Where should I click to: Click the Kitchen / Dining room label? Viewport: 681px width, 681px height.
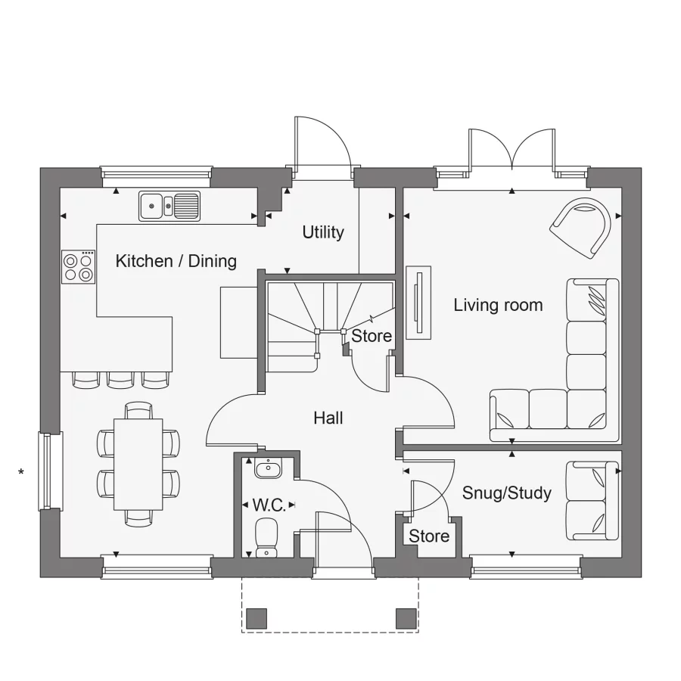176,261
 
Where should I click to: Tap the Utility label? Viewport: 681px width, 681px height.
323,232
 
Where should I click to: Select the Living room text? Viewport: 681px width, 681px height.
498,305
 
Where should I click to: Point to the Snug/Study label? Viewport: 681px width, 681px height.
506,493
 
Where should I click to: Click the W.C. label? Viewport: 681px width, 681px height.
269,505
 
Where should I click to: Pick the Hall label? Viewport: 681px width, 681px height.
328,418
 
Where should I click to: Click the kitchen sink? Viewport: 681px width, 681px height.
169,205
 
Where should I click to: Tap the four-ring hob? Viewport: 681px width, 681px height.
79,267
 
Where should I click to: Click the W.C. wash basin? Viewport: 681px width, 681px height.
268,470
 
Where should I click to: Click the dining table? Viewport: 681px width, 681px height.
138,464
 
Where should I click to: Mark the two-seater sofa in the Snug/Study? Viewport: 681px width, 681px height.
592,501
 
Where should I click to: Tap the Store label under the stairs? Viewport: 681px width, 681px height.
372,335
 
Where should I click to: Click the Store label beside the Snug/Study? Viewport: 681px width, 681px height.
429,536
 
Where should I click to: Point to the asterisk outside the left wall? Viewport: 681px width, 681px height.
21,474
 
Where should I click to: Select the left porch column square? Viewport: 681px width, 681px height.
257,618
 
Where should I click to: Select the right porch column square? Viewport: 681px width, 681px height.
406,618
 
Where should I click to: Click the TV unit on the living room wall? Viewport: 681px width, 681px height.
418,303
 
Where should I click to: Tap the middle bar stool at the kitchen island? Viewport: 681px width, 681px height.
120,379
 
